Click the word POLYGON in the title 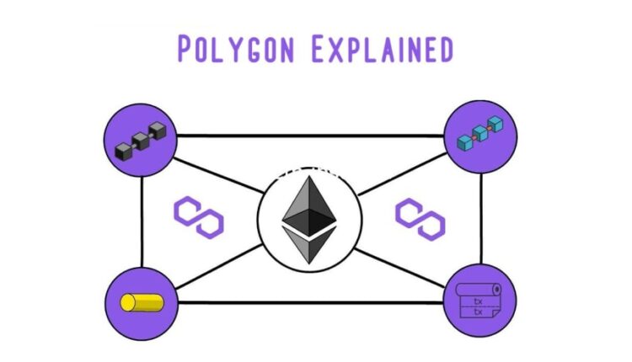(x=236, y=49)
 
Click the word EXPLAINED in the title (x=383, y=49)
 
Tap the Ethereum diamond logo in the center (x=309, y=220)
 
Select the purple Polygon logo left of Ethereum (x=199, y=217)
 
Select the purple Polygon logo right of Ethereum (x=420, y=220)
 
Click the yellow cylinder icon (x=142, y=303)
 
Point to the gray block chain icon (x=141, y=140)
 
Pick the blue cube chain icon (x=480, y=134)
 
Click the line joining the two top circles (x=310, y=136)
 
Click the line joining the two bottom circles (x=310, y=302)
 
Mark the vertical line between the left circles (x=142, y=222)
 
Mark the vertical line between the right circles (x=481, y=219)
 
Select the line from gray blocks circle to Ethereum (x=219, y=176)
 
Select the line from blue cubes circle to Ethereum (x=402, y=174)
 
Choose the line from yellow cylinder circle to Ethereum (x=219, y=267)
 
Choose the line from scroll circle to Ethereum (x=399, y=269)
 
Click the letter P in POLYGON (x=185, y=49)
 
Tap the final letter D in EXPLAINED (x=446, y=49)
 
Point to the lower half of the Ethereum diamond (x=309, y=244)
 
